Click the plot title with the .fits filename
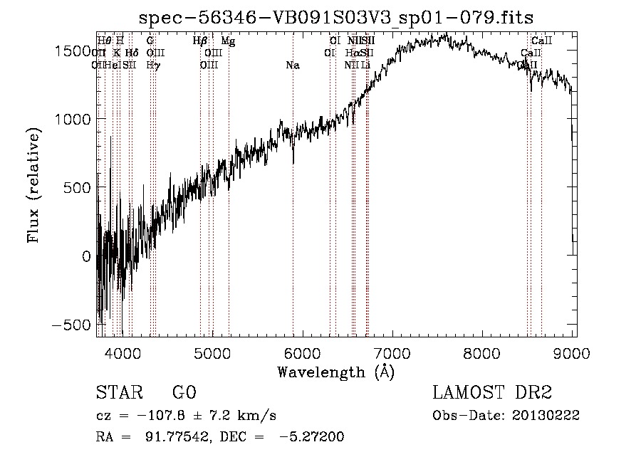[336, 17]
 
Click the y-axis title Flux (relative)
[33, 187]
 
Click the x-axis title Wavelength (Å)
[335, 372]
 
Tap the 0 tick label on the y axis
[87, 256]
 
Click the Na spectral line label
[292, 65]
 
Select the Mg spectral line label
[228, 41]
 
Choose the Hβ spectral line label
[199, 41]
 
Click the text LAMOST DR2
[492, 393]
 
